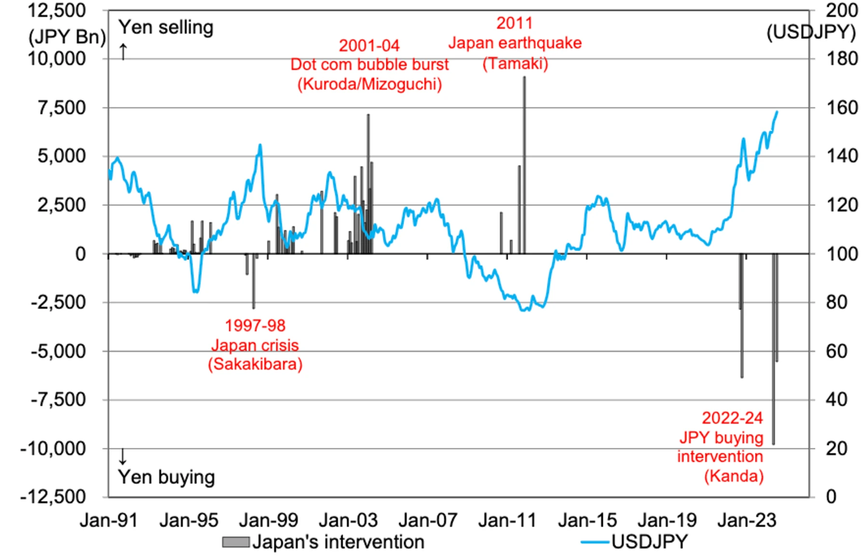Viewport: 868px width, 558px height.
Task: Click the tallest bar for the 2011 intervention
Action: click(524, 164)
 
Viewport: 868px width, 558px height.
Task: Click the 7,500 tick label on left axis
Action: click(62, 108)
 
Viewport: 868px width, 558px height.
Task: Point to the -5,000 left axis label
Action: click(58, 351)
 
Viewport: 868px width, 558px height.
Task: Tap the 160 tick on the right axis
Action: click(842, 108)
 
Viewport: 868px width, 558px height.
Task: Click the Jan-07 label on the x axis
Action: click(427, 520)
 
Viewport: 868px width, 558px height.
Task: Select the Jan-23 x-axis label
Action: click(746, 520)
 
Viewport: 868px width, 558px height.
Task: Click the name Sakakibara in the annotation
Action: click(255, 364)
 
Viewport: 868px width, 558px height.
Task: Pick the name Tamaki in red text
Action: click(515, 64)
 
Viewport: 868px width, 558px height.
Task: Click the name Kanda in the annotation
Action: click(733, 476)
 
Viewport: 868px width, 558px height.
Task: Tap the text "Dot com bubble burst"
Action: click(369, 65)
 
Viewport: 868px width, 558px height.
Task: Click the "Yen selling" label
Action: click(166, 27)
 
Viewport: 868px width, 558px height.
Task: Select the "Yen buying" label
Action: click(166, 477)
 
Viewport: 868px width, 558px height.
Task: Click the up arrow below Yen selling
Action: click(123, 51)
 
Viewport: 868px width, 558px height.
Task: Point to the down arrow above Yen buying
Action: click(122, 456)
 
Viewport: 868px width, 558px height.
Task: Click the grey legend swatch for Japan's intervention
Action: click(235, 543)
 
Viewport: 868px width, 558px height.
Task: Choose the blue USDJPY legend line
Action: click(595, 543)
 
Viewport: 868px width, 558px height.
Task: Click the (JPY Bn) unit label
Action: click(67, 37)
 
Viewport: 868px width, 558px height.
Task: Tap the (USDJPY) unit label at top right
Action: click(811, 32)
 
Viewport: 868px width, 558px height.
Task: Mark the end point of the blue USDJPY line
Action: click(777, 112)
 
